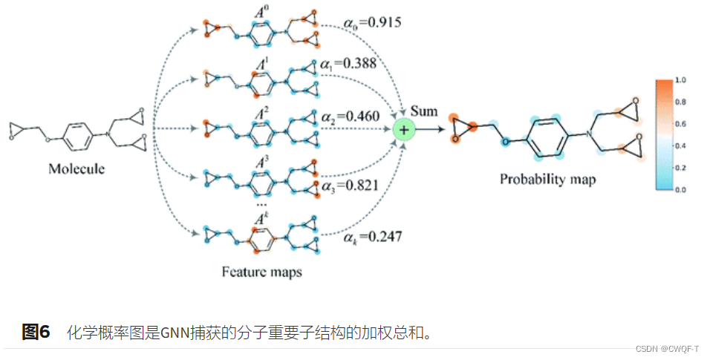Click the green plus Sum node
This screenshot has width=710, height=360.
point(404,131)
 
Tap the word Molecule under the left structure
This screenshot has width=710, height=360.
point(76,168)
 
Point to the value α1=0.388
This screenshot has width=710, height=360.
point(349,64)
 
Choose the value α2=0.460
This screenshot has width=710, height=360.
point(351,116)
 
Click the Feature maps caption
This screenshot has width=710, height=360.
point(262,272)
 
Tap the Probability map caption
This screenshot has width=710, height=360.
point(547,179)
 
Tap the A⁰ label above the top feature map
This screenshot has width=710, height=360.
point(262,12)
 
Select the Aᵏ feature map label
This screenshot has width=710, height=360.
point(261,218)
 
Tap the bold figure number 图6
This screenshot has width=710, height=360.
point(36,332)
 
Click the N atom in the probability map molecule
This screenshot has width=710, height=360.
point(587,134)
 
